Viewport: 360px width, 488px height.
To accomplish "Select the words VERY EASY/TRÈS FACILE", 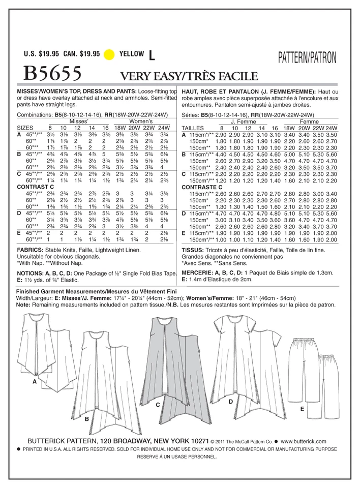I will (x=188, y=76).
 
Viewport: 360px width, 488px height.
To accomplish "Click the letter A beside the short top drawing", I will (x=34, y=381).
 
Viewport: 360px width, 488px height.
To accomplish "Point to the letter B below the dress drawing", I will (x=87, y=418).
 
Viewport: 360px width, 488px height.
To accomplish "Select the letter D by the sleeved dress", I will (x=231, y=402).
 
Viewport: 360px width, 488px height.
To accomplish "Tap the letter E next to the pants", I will (x=302, y=408).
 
